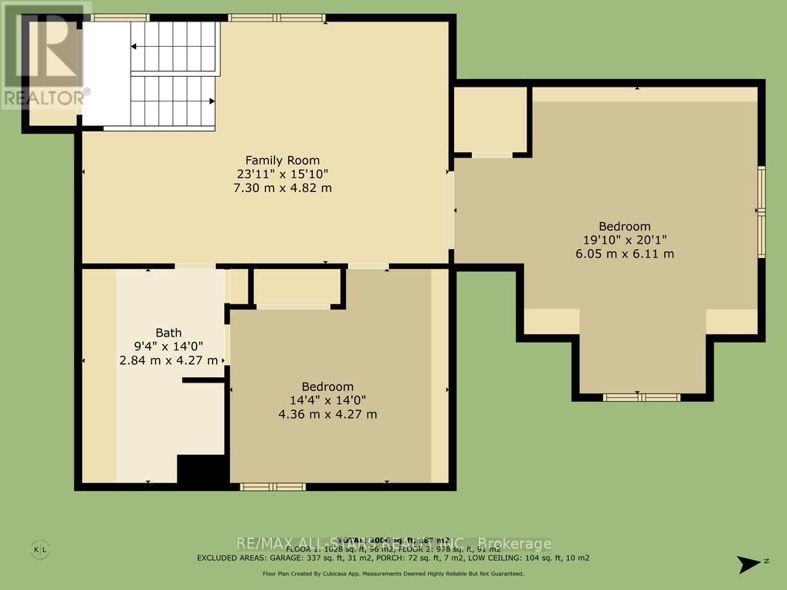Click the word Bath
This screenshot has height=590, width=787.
169,333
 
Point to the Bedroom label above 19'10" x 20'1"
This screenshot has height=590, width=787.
625,227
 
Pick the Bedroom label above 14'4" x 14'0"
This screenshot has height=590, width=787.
327,386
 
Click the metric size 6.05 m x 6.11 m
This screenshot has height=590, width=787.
625,254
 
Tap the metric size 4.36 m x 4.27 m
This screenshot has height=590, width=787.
327,414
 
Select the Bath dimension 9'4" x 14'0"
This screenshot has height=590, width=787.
169,346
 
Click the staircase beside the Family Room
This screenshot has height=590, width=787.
174,75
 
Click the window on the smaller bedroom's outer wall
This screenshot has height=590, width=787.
273,486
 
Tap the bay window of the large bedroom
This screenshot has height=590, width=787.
641,397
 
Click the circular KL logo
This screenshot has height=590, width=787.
41,549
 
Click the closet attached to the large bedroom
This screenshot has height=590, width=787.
490,120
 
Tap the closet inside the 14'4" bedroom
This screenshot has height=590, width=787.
297,287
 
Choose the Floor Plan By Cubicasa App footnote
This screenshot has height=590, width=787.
393,574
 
